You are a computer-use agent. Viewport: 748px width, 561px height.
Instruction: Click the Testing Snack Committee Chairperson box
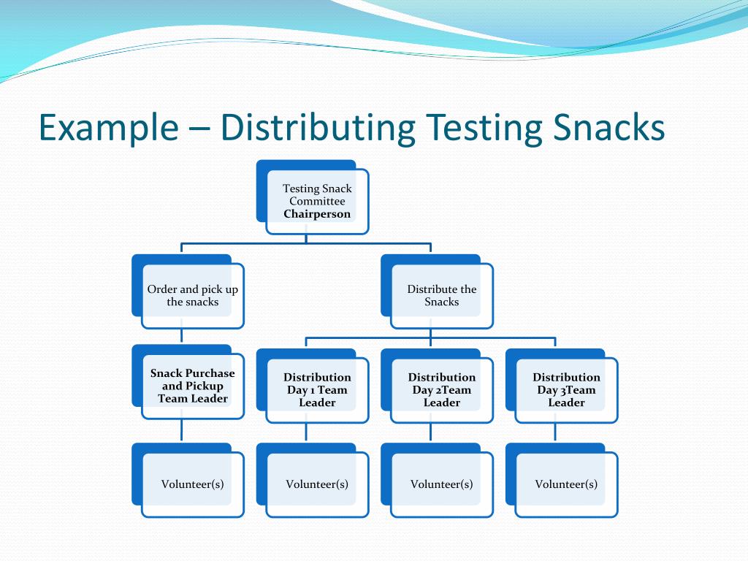(317, 202)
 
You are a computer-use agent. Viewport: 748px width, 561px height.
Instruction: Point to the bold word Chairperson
(317, 214)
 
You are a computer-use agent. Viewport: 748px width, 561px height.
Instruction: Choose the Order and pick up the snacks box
(192, 296)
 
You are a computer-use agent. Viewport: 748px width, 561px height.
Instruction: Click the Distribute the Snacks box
(441, 296)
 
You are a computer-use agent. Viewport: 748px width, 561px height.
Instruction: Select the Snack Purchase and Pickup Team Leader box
(192, 386)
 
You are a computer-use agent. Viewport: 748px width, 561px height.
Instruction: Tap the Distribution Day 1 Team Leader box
(317, 390)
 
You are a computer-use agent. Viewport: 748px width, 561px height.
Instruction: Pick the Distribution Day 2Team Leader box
(441, 390)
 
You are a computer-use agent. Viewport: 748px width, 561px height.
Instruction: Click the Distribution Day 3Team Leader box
(566, 390)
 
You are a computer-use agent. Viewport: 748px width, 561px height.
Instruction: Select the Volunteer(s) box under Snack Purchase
(192, 484)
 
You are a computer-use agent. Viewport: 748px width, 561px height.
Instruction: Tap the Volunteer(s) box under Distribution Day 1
(317, 484)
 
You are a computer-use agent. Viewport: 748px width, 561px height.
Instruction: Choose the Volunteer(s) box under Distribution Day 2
(441, 484)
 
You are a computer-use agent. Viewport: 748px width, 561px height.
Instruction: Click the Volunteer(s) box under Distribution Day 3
(566, 484)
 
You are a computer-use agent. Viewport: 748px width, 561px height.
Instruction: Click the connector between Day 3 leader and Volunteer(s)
(555, 432)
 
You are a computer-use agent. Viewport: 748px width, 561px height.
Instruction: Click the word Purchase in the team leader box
(210, 373)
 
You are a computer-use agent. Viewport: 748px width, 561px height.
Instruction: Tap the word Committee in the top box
(317, 201)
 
